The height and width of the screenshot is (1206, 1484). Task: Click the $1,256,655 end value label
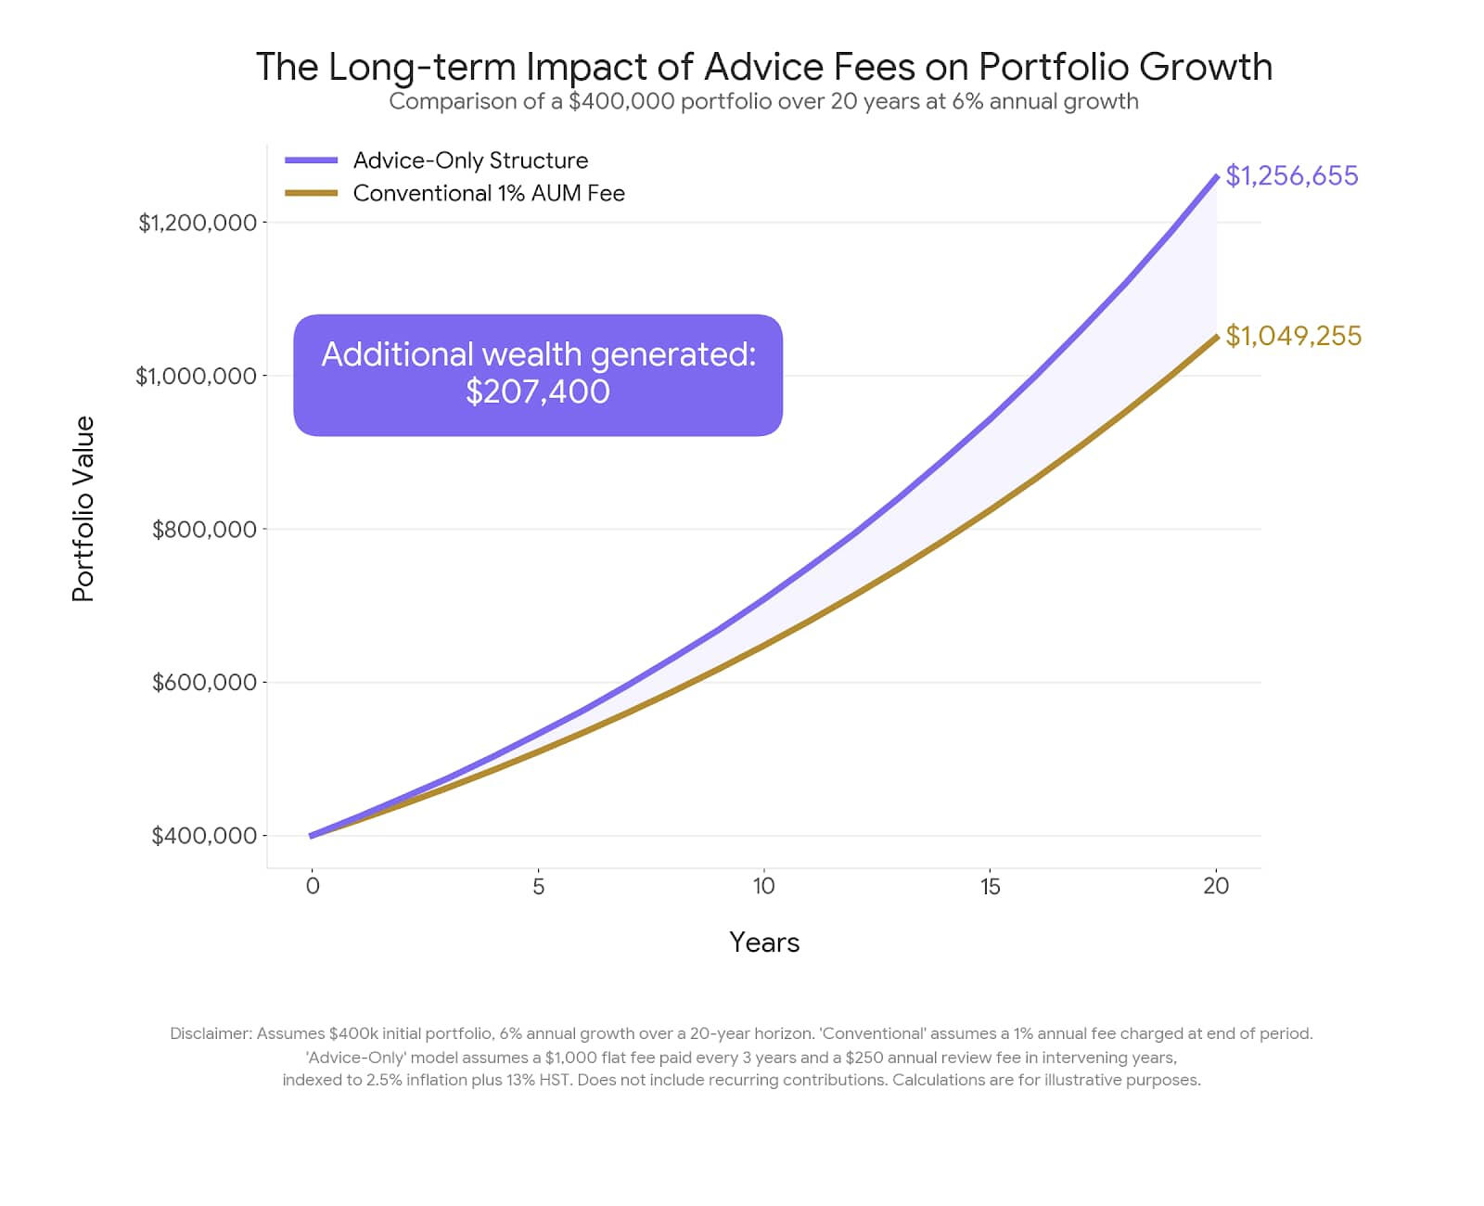(x=1291, y=175)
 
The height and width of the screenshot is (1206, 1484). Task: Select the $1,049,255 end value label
(x=1293, y=336)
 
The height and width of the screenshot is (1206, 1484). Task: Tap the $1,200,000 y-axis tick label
(x=197, y=223)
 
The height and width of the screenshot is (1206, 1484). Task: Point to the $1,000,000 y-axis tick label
(x=196, y=376)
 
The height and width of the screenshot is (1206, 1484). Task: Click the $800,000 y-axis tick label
(x=204, y=530)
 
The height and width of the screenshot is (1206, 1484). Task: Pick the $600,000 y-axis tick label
(x=204, y=683)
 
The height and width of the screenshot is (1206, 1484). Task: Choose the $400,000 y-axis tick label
(x=204, y=836)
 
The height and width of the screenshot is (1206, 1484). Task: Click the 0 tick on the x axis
(x=313, y=886)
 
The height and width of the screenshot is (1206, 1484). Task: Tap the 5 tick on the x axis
(x=538, y=886)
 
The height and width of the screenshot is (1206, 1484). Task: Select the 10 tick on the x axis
(x=763, y=886)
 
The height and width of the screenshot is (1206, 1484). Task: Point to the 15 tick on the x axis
(x=990, y=886)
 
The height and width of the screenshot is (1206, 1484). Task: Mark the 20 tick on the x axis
(x=1215, y=886)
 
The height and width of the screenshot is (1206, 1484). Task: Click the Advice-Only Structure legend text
(x=470, y=160)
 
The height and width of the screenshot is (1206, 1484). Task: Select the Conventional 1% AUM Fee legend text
(x=489, y=193)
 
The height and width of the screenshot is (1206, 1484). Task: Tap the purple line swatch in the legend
(x=311, y=160)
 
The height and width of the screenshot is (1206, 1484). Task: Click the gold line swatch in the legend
(x=311, y=193)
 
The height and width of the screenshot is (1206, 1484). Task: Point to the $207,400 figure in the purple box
(x=538, y=391)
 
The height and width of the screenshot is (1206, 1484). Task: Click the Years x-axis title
(x=764, y=943)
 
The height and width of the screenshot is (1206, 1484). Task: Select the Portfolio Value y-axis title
(x=83, y=509)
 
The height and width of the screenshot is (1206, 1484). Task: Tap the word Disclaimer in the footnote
(x=211, y=1033)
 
